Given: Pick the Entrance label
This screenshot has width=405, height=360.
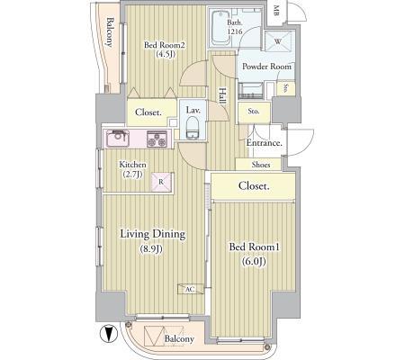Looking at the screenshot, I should [x=264, y=143].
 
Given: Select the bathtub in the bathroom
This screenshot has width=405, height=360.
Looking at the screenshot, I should [x=219, y=32].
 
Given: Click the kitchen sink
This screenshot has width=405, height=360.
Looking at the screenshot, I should [x=118, y=139].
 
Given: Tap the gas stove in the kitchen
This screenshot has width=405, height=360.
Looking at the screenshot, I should [x=156, y=139].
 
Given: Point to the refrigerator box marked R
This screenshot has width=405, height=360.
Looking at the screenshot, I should [x=160, y=181].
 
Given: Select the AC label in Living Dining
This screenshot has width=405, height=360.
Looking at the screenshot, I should [x=190, y=289].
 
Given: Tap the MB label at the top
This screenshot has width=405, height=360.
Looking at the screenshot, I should [x=275, y=11].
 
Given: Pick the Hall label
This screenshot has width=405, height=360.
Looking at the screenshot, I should [x=221, y=94].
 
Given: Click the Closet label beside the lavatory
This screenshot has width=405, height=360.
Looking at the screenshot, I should [x=148, y=112].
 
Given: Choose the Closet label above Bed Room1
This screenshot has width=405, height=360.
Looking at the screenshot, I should [x=254, y=186].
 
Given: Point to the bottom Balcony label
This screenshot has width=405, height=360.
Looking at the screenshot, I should [x=180, y=338].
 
